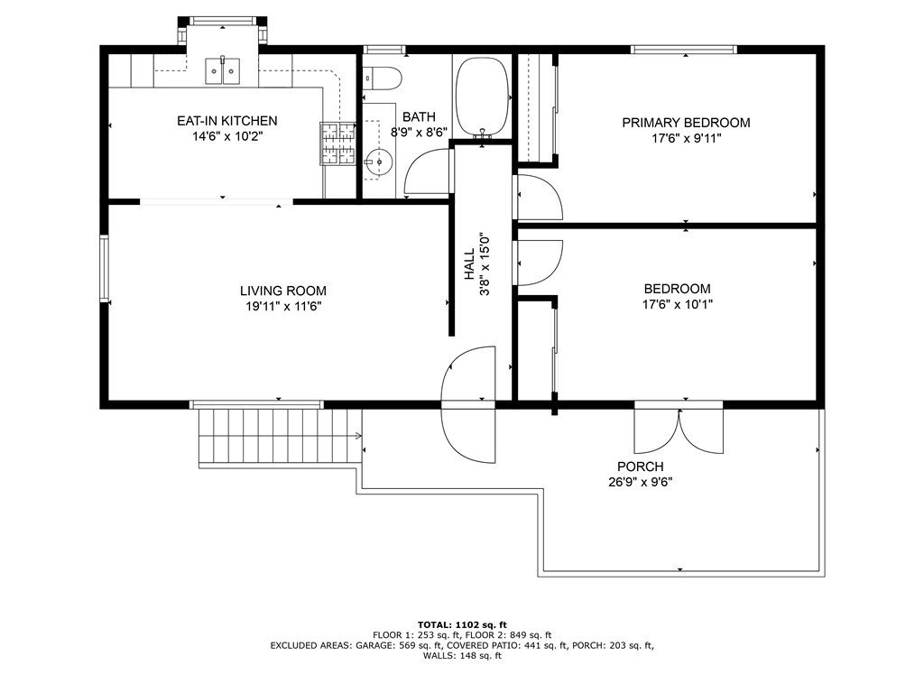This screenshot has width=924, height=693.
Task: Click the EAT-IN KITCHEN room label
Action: (226, 121)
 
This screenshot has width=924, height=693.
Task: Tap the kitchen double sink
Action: (223, 70)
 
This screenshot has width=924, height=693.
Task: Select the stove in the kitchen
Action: (338, 143)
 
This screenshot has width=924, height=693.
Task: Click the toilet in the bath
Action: (382, 78)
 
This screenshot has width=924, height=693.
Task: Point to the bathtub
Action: (483, 97)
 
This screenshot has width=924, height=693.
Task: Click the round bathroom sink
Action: (378, 161)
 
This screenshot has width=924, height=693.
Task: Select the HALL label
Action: (469, 263)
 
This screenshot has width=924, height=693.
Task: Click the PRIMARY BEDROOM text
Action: (686, 123)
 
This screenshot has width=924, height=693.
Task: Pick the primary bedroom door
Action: (540, 198)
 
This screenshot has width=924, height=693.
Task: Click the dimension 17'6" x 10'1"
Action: (678, 305)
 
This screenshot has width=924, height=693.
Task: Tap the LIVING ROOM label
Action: (282, 291)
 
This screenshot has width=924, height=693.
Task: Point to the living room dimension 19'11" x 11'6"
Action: (283, 307)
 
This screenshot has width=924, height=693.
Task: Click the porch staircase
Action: (280, 436)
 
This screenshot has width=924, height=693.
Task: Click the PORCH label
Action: (641, 467)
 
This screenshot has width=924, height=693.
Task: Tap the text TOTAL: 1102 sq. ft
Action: (462, 624)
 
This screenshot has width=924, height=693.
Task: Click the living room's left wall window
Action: (105, 269)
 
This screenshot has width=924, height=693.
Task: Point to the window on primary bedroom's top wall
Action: (684, 50)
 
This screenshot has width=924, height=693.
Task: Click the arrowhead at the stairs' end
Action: (359, 436)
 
